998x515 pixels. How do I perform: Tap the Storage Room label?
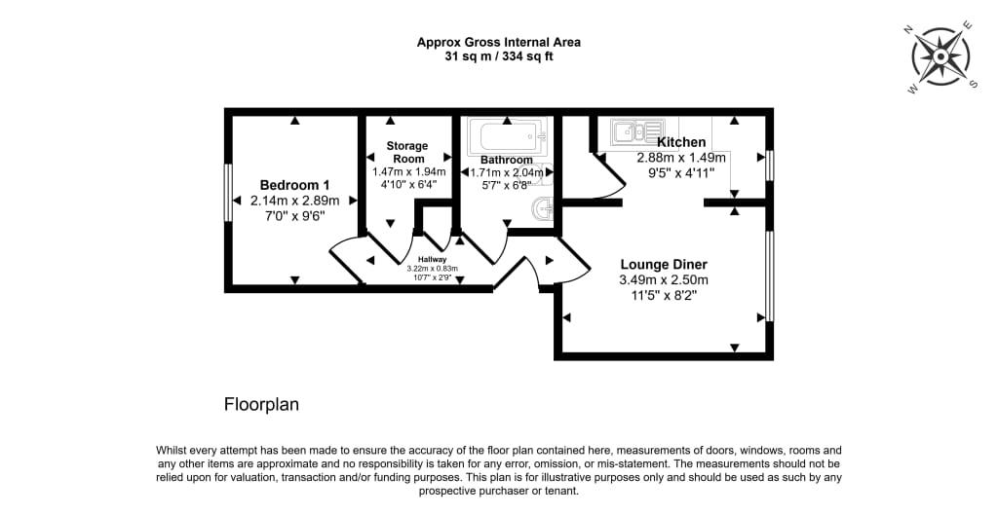(x=406, y=152)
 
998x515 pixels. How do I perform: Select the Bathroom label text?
(x=507, y=160)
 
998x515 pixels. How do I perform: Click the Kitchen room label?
(x=681, y=142)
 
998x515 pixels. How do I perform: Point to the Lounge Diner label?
(x=664, y=264)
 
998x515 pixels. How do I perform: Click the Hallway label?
(x=433, y=260)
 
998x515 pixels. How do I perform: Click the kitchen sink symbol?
(x=637, y=131)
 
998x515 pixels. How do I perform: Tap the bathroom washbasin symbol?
(x=544, y=209)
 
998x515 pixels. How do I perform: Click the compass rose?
(x=940, y=57)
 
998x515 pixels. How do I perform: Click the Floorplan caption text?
(x=261, y=404)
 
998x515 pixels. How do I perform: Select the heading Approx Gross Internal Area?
(x=498, y=42)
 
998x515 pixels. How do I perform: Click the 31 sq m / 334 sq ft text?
(x=498, y=56)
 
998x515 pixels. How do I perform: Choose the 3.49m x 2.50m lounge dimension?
(x=664, y=279)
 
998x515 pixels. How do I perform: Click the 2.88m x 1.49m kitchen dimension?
(x=681, y=158)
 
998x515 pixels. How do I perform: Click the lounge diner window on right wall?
(x=769, y=276)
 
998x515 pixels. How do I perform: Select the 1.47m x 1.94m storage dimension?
(x=408, y=171)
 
